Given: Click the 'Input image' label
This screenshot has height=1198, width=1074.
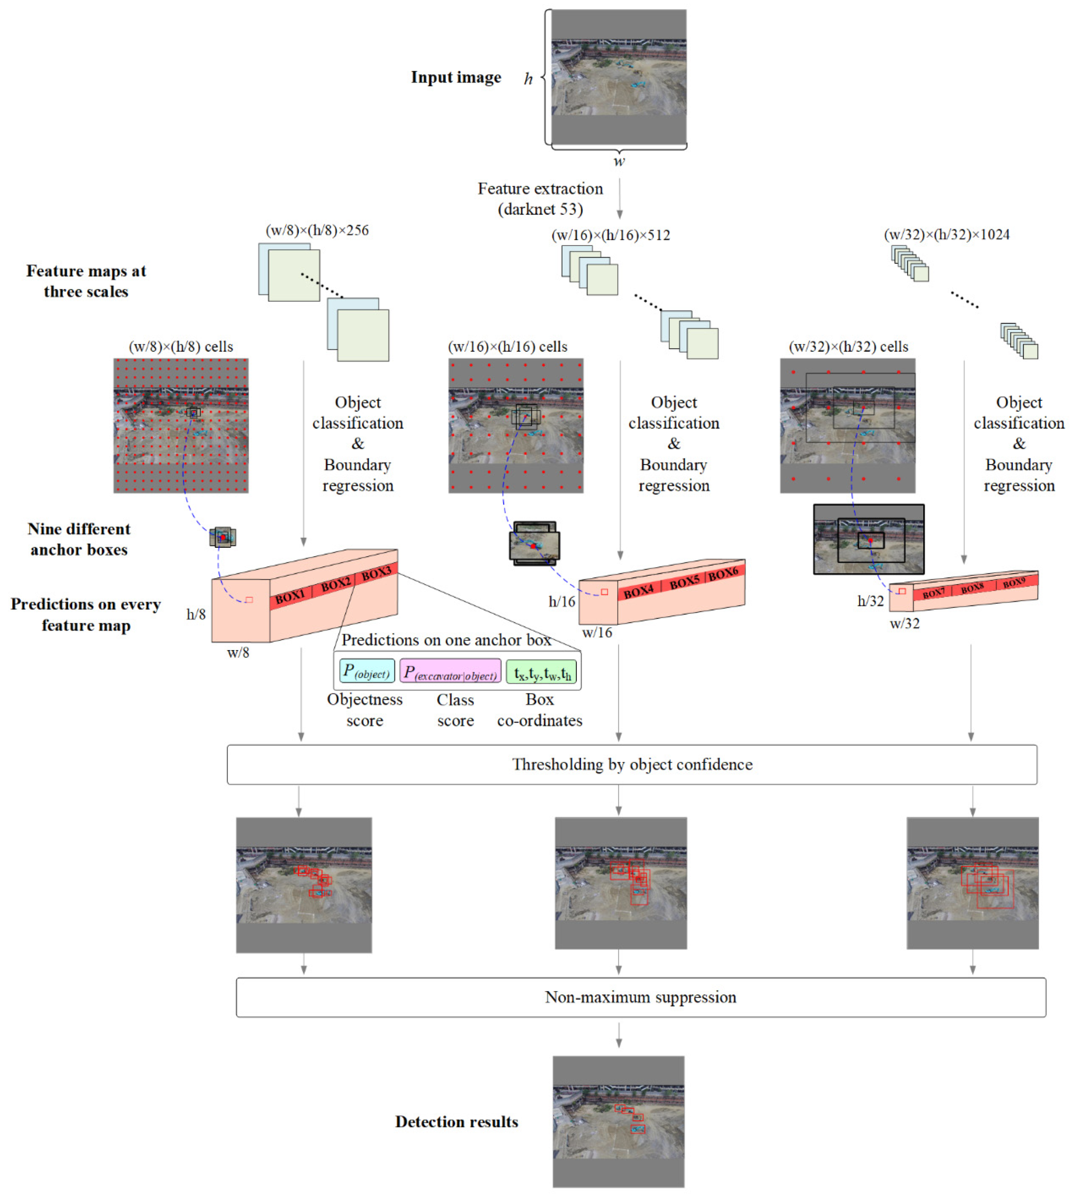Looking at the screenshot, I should coord(456,77).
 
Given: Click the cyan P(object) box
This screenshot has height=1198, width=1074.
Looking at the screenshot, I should coord(367,671).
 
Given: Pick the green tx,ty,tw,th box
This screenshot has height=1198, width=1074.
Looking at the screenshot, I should coord(541,671).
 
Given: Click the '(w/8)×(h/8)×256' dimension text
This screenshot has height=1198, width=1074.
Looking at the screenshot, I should coord(317,230).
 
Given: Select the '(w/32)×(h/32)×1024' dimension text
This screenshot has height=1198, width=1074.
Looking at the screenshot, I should coord(946,234).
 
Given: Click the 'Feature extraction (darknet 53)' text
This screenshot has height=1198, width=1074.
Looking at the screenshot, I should coord(540,199).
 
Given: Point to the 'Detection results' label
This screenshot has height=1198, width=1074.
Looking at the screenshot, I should coord(456,1122).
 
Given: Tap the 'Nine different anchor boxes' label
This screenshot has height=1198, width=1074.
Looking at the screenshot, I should coord(78,539).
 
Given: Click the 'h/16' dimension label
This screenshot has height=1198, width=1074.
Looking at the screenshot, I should coord(561,601).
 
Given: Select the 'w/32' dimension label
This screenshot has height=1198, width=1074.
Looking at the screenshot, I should coord(904,623).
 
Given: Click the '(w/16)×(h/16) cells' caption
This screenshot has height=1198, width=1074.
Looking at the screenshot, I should coord(508,347).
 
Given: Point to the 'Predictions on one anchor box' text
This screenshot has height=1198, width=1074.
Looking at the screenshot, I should coord(445,640).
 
